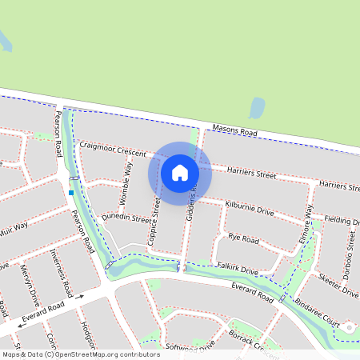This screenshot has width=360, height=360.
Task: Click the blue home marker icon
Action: (180, 172)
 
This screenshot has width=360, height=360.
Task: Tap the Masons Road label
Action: (234, 130)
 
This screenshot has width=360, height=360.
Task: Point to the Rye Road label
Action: (244, 238)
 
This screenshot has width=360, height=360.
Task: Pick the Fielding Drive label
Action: (342, 220)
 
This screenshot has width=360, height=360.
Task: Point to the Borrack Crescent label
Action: (252, 338)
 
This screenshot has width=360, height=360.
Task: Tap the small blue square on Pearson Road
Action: (71, 192)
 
